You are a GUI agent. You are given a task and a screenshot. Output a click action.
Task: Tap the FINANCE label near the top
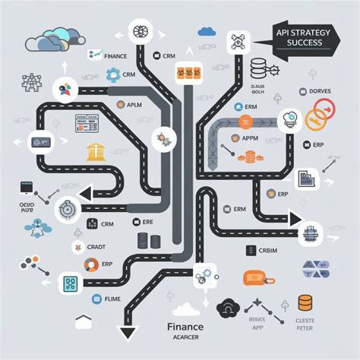point(116,55)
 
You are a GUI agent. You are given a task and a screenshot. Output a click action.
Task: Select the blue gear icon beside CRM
point(113,74)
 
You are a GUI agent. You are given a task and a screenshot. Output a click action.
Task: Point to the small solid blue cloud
point(206,32)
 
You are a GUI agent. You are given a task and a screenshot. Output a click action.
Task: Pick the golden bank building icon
point(95,150)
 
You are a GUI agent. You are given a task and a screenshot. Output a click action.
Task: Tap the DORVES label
point(321,91)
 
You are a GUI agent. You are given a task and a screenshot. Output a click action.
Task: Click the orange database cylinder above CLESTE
point(305,303)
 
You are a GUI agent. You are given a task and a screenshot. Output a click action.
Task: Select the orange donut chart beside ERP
point(91,265)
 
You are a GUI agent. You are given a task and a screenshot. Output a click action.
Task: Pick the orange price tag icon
point(254,279)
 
